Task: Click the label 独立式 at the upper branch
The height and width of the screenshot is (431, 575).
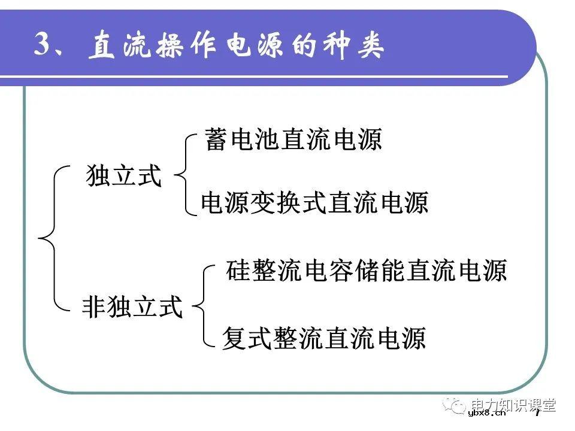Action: coord(124,176)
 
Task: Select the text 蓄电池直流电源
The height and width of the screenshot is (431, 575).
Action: coord(293,140)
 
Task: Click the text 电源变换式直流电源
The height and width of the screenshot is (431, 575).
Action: coord(314,203)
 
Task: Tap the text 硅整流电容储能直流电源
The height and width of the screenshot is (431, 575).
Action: coord(367,271)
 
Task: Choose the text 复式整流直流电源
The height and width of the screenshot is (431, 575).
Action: coord(323,338)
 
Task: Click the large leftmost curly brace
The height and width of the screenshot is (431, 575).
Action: coord(50,238)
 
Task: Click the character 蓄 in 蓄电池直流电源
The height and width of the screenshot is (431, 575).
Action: coord(216,140)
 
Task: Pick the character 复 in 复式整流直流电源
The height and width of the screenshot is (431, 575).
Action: coord(234,338)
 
